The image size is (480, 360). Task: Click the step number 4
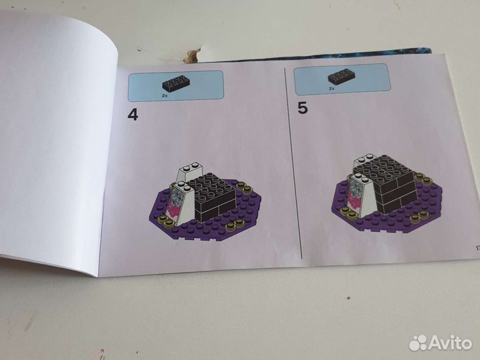[x=133, y=115]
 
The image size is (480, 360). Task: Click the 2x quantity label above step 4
[x=164, y=96]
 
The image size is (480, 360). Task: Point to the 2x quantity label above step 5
[x=331, y=88]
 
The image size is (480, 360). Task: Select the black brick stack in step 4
[x=211, y=193]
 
